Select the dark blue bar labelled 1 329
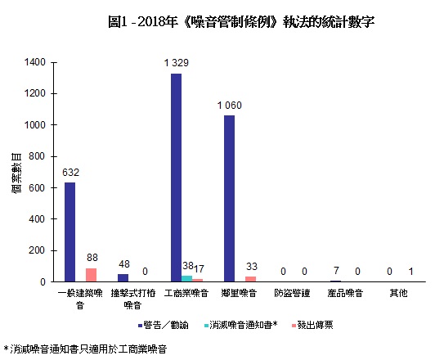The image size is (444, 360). click(176, 178)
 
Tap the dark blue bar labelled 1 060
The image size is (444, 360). click(229, 199)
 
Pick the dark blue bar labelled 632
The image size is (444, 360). click(70, 232)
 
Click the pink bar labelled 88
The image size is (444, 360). click(91, 275)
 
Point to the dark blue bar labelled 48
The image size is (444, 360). click(123, 278)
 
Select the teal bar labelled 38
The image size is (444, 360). click(186, 279)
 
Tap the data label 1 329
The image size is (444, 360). click(176, 63)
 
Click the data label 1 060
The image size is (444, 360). click(230, 106)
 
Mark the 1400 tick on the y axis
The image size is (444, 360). click(35, 62)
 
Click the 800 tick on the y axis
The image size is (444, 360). click(38, 156)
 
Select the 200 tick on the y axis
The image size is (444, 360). click(38, 250)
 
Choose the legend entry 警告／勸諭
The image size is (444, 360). click(167, 325)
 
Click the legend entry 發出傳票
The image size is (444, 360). click(313, 325)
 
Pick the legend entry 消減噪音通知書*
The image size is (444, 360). click(243, 325)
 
